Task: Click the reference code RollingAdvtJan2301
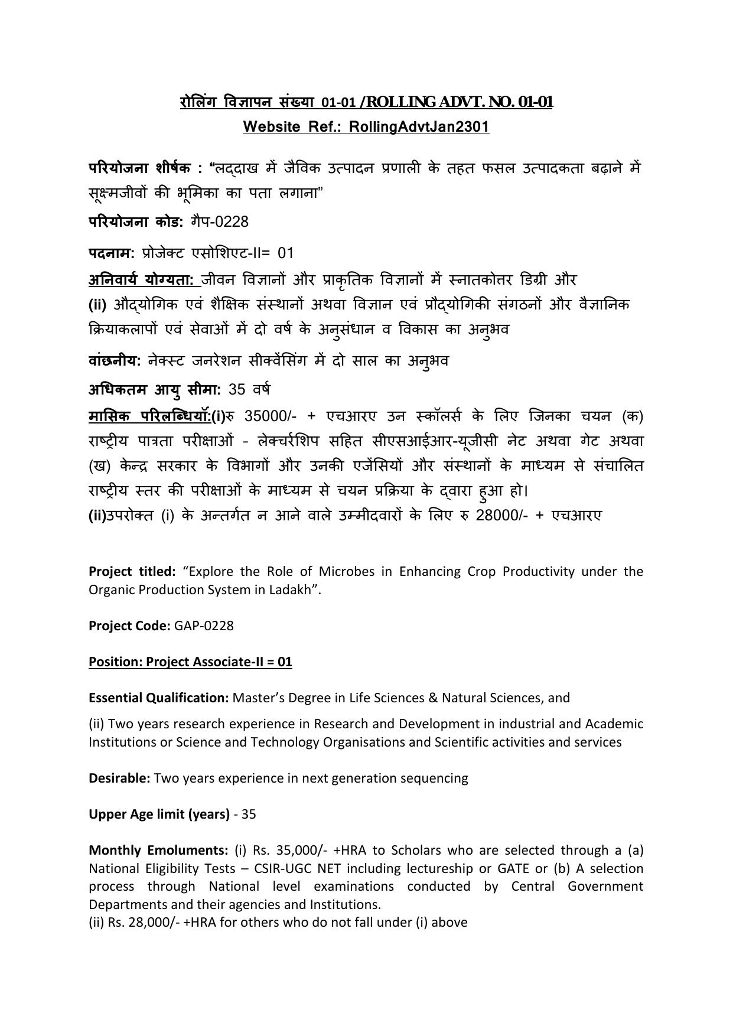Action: tap(419, 127)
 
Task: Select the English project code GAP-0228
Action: tap(204, 626)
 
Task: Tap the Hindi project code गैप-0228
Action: tap(220, 222)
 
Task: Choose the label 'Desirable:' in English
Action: tap(119, 778)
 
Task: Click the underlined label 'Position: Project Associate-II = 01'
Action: tap(190, 662)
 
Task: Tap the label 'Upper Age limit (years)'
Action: tap(159, 815)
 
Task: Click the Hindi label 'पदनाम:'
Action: tap(112, 253)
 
